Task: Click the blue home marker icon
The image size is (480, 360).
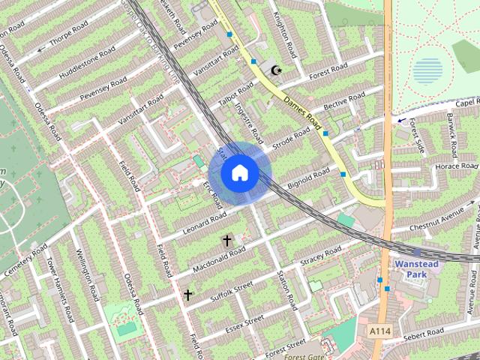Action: [240, 172]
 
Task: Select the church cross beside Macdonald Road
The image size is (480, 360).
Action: [226, 241]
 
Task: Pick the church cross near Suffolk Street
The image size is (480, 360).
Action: [187, 295]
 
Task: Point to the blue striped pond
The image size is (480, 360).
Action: [427, 71]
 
